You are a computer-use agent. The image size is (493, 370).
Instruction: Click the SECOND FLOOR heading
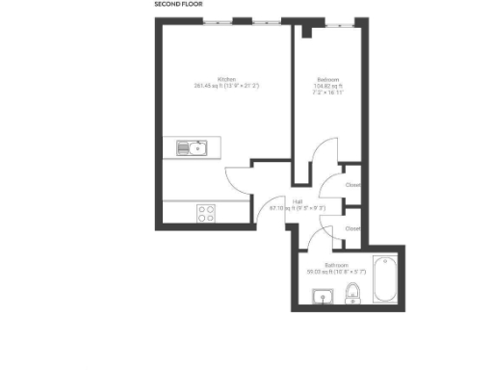click(x=179, y=5)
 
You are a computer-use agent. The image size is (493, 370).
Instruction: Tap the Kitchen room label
click(x=226, y=79)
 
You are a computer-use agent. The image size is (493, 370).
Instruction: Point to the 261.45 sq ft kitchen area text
click(x=226, y=87)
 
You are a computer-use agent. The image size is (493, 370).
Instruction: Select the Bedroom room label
click(x=327, y=79)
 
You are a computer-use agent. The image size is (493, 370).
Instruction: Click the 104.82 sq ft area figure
click(x=327, y=87)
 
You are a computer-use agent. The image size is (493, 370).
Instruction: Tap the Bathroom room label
click(x=335, y=264)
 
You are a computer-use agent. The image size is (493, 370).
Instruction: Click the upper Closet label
click(x=352, y=184)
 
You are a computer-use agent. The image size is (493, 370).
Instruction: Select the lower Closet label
click(x=352, y=228)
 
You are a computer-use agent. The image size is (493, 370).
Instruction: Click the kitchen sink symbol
click(x=192, y=147)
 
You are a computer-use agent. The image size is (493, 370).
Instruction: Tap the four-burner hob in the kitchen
click(x=205, y=213)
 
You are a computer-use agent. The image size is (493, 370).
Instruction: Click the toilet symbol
click(x=352, y=292)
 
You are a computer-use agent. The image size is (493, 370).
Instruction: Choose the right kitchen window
click(x=260, y=21)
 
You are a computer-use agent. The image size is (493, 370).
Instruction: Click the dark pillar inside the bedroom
click(x=305, y=31)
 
